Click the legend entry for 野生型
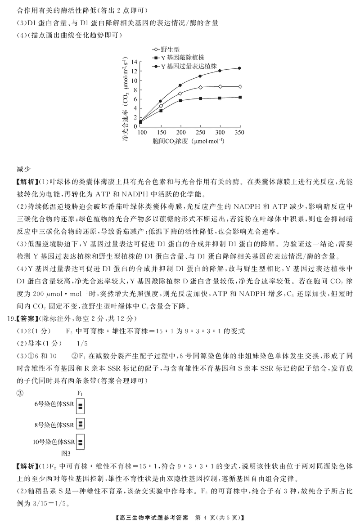168,49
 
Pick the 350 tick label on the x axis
239,133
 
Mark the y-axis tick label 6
135,98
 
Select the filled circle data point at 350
239,68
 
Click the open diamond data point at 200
180,94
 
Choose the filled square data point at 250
200,98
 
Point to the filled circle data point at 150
160,101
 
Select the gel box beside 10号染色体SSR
81,442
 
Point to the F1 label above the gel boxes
81,393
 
